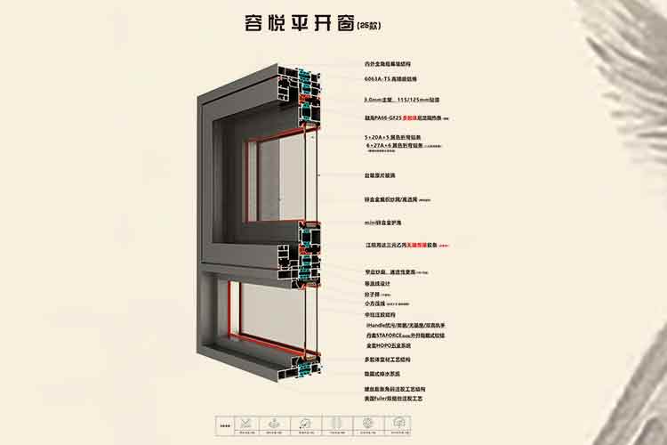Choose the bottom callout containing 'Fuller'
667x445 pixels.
(x=399, y=400)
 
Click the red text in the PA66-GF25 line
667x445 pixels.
(x=414, y=117)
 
